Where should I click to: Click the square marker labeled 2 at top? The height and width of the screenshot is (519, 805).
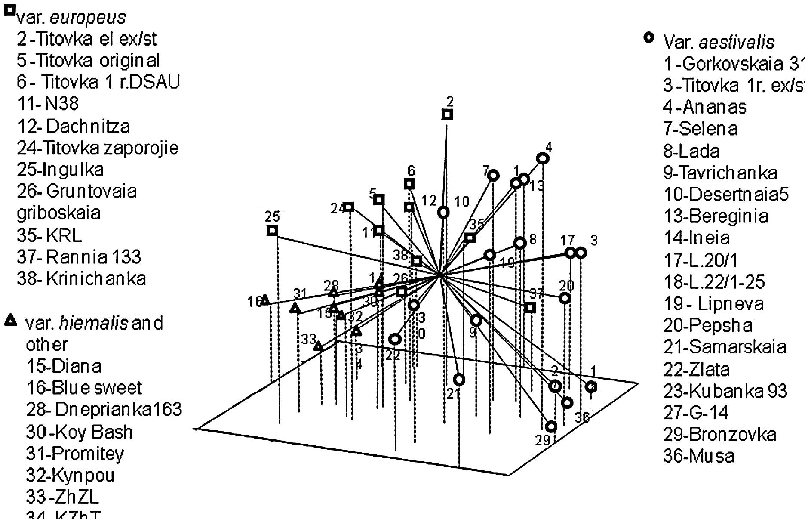pos(447,114)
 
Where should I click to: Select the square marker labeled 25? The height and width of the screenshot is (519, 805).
pos(272,231)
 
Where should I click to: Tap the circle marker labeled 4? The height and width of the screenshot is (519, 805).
pos(543,158)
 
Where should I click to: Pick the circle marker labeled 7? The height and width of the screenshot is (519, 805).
pos(493,175)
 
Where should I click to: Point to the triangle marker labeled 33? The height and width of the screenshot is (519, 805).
pos(318,346)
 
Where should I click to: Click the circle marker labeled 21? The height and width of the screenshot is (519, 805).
pos(459,380)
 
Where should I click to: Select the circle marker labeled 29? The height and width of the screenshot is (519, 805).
pos(551,426)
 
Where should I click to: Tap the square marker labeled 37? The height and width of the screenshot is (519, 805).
pos(530,307)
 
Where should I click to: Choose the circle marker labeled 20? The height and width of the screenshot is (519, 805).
pos(565,298)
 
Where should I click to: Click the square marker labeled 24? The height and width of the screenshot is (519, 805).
pos(349,207)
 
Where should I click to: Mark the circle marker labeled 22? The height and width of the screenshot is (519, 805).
pos(395,339)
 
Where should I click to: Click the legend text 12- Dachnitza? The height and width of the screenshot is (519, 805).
pos(73,126)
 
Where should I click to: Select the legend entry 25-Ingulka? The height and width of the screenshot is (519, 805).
pos(60,170)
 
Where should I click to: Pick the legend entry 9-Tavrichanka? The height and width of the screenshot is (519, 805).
pos(720,173)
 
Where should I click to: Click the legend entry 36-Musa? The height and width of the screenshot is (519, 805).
pos(699,456)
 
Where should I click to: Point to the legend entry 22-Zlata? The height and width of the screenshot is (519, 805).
pos(696,369)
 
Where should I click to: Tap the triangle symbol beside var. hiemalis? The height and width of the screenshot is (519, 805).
pos(11,320)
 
